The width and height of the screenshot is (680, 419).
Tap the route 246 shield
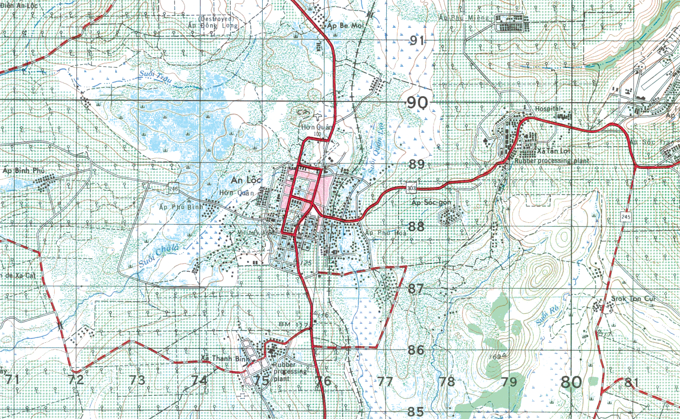[174, 188]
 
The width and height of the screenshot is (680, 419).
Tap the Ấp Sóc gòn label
[429, 202]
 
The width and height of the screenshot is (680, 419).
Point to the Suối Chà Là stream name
[160, 256]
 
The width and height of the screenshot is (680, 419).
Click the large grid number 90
[417, 103]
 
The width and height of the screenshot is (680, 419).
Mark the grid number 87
[416, 288]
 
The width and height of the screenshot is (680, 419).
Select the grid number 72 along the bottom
[76, 379]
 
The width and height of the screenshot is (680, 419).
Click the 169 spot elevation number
[493, 357]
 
